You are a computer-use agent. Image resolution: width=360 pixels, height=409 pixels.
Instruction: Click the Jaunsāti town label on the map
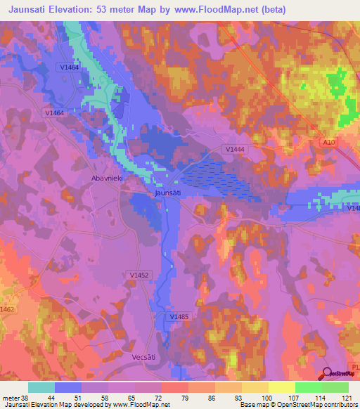168,192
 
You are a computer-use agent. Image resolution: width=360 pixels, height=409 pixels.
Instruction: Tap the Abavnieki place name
108,178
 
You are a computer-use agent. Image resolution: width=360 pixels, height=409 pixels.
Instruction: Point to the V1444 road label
234,149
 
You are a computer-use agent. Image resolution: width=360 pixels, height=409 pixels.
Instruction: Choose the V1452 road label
139,275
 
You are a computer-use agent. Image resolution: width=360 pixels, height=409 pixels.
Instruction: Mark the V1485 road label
179,317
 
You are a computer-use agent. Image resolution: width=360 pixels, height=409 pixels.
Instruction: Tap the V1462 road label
7,309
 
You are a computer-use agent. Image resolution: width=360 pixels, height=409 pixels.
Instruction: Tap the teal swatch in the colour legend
41,387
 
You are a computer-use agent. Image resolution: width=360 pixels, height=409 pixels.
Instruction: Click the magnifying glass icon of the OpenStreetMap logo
327,374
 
